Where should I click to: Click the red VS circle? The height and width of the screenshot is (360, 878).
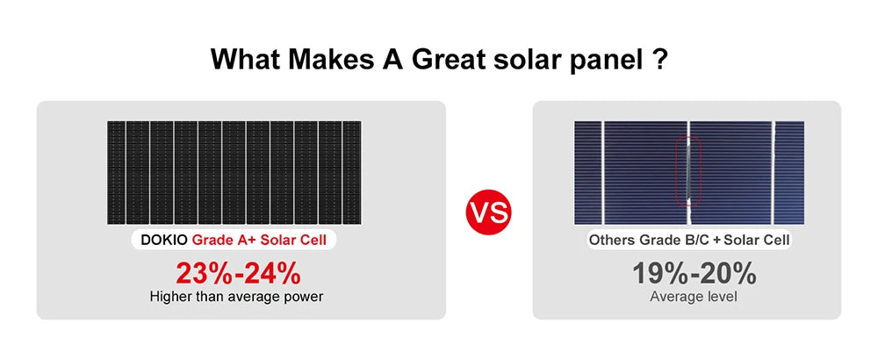pos(487,213)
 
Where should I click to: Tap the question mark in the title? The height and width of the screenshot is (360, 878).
pos(658,61)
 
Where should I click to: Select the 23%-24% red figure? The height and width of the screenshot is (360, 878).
pos(236,273)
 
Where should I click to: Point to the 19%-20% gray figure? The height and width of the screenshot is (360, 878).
pos(694,273)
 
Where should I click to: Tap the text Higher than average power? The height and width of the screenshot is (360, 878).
pos(236,297)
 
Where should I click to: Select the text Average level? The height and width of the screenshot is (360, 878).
pos(694,297)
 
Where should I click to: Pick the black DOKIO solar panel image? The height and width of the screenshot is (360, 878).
pos(234,171)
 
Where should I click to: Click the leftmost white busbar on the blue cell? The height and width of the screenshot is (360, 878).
pos(603,171)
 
